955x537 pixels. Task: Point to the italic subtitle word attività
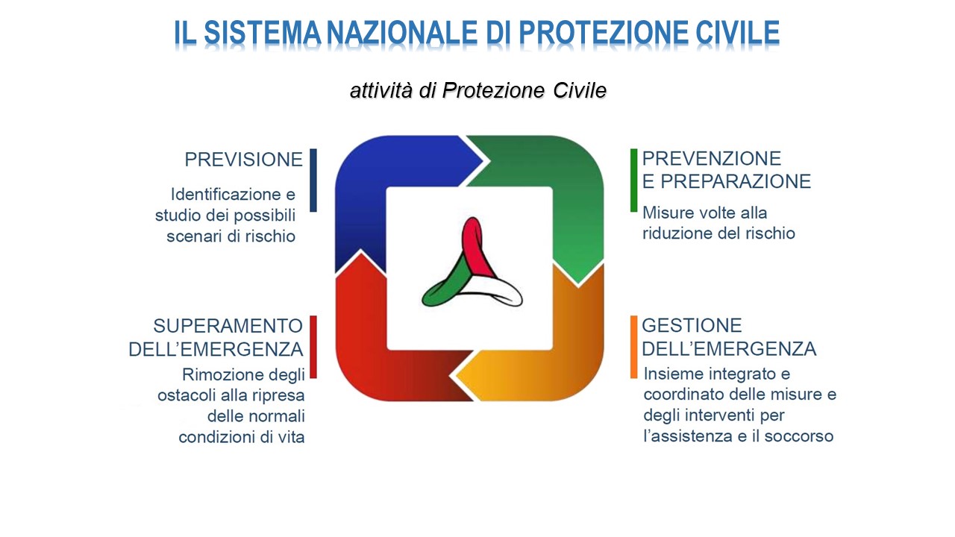coord(383,91)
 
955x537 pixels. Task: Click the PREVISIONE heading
coord(244,160)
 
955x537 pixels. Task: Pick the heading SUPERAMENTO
coord(228,326)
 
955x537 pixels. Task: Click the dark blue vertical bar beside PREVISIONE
coord(313,180)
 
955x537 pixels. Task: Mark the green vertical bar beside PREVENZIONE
coord(633,180)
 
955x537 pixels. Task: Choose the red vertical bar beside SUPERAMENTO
coord(313,347)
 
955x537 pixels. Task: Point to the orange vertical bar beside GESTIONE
coord(633,347)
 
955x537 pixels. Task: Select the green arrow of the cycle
coord(567,179)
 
